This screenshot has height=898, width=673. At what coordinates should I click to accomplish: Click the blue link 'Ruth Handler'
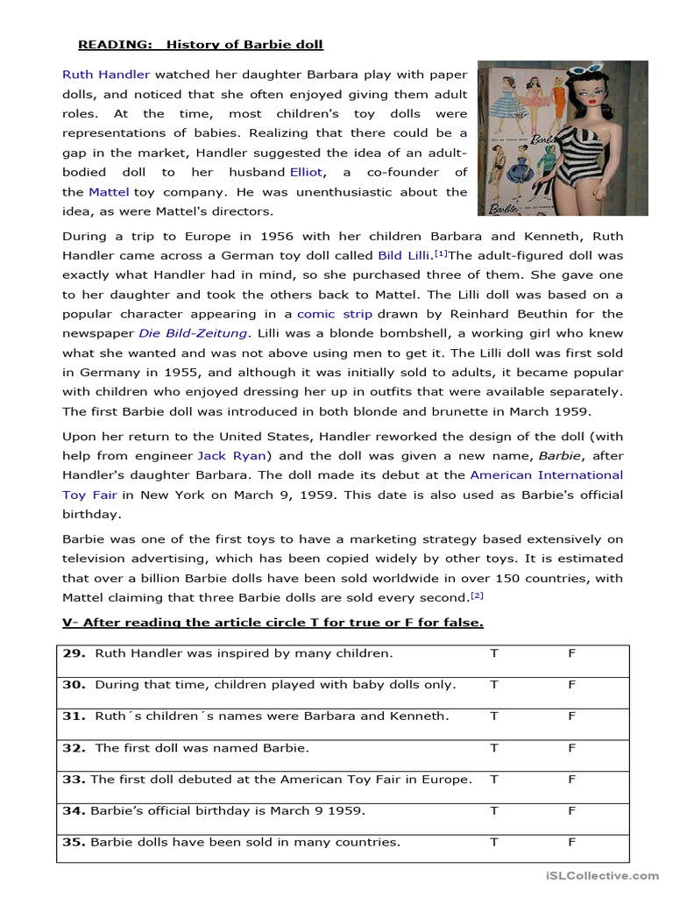[x=106, y=75]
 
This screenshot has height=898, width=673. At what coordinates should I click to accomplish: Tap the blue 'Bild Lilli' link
[x=403, y=255]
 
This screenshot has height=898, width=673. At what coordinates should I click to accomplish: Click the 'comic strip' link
[x=335, y=313]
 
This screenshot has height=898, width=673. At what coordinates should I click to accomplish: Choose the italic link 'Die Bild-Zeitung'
[x=193, y=332]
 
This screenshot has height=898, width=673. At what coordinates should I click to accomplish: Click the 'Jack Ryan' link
[x=232, y=455]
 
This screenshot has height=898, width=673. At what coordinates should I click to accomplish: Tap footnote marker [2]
[x=477, y=595]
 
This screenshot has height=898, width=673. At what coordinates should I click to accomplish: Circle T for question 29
[x=493, y=653]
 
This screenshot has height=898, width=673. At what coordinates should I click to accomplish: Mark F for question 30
[x=571, y=684]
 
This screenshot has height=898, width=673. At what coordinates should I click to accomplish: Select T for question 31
[x=493, y=716]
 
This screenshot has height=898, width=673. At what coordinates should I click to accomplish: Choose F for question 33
[x=571, y=779]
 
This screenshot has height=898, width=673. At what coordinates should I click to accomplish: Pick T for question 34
[x=493, y=810]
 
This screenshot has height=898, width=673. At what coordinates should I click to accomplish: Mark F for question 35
[x=571, y=842]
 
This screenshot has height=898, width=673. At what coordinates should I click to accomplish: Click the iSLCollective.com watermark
[x=601, y=875]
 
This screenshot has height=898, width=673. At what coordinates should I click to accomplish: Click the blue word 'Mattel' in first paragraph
[x=109, y=191]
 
